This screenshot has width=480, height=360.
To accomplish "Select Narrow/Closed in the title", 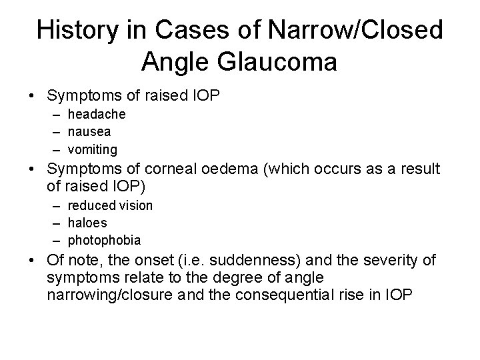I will coord(361,30).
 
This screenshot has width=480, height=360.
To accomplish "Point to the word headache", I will coord(95,115).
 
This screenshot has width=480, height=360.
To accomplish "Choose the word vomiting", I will coord(92,149).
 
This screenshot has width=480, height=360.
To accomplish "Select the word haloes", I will coord(87,223).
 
